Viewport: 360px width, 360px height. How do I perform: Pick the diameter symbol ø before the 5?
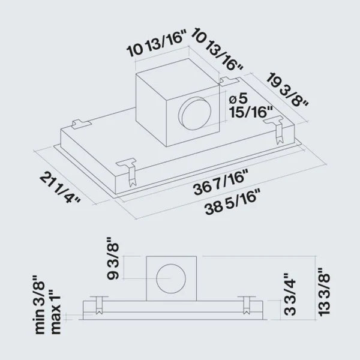click(232, 98)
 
